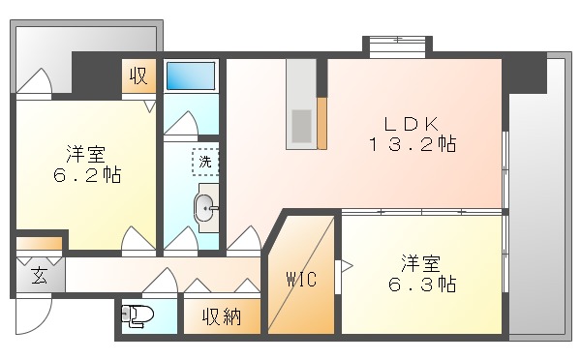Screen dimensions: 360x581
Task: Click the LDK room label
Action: click(x=412, y=124)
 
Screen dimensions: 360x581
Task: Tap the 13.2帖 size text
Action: click(x=412, y=145)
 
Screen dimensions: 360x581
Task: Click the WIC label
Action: click(x=299, y=280)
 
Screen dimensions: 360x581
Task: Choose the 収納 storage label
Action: click(x=222, y=315)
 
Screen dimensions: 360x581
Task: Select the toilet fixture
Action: click(x=136, y=315)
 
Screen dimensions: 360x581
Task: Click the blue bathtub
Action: click(x=190, y=75)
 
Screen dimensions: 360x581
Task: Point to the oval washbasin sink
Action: click(x=205, y=208)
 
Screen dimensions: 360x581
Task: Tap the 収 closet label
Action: click(x=138, y=75)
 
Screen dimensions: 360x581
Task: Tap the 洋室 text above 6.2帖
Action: click(x=88, y=154)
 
